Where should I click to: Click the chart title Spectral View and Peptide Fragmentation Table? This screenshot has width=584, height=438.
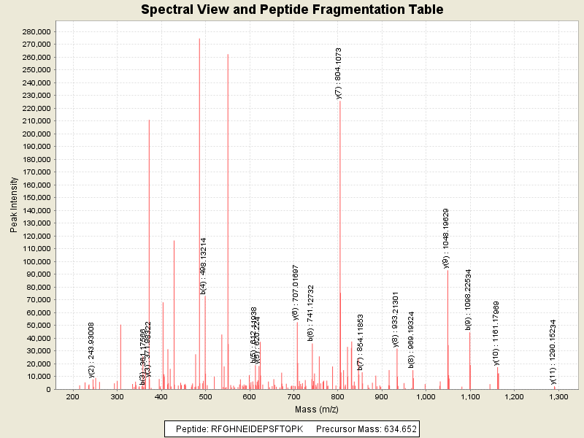click(x=292, y=10)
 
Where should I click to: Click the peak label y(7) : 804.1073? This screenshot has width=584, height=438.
click(x=339, y=73)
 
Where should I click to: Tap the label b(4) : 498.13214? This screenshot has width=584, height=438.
click(x=204, y=266)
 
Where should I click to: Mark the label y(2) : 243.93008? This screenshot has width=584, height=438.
click(x=92, y=350)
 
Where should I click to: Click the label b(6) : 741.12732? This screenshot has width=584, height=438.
click(x=311, y=313)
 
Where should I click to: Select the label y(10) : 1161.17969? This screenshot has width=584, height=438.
click(x=496, y=333)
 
